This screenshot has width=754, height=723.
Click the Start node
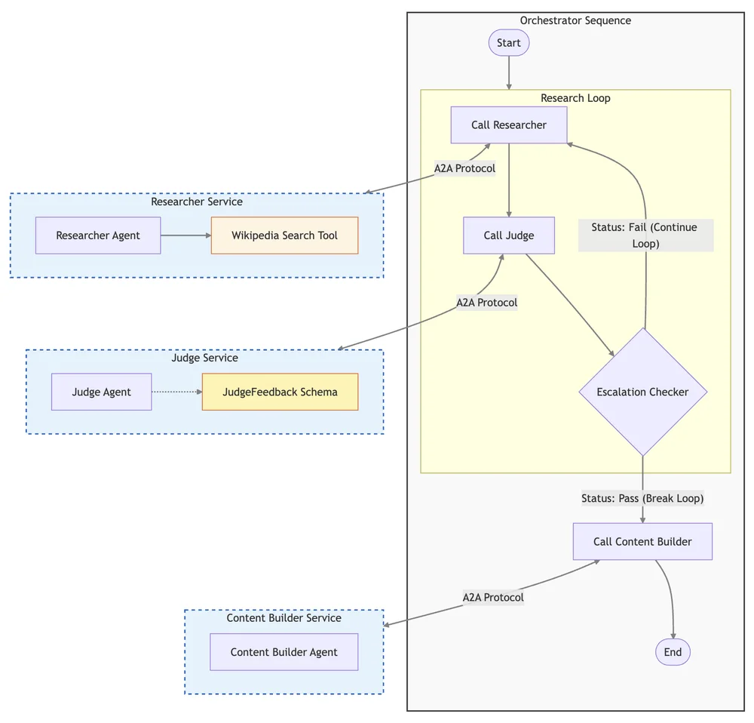click(x=509, y=43)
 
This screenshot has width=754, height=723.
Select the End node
click(x=673, y=652)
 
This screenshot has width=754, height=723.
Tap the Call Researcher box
click(x=509, y=125)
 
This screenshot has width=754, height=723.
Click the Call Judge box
click(x=509, y=235)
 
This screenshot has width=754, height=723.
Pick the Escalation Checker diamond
click(x=642, y=392)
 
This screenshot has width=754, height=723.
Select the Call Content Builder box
click(x=642, y=541)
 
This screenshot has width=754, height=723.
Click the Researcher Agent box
click(x=98, y=235)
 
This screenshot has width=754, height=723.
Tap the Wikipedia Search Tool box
click(x=284, y=235)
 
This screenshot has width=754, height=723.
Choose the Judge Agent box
click(x=102, y=392)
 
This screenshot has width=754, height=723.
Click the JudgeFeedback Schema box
click(x=280, y=392)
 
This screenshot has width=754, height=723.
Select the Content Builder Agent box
click(x=284, y=652)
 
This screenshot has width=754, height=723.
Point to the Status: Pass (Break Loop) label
click(x=642, y=498)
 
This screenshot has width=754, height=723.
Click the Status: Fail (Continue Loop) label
click(x=645, y=235)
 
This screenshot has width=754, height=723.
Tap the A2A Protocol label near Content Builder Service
click(x=493, y=597)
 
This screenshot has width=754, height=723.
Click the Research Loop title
click(x=575, y=98)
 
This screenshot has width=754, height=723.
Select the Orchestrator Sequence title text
click(x=575, y=20)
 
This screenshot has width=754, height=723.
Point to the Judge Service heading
click(x=204, y=358)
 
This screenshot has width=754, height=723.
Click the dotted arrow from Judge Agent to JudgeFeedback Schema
click(x=177, y=392)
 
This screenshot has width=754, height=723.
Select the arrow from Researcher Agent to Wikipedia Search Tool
click(x=186, y=235)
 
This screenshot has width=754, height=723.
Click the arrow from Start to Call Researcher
click(x=509, y=73)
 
